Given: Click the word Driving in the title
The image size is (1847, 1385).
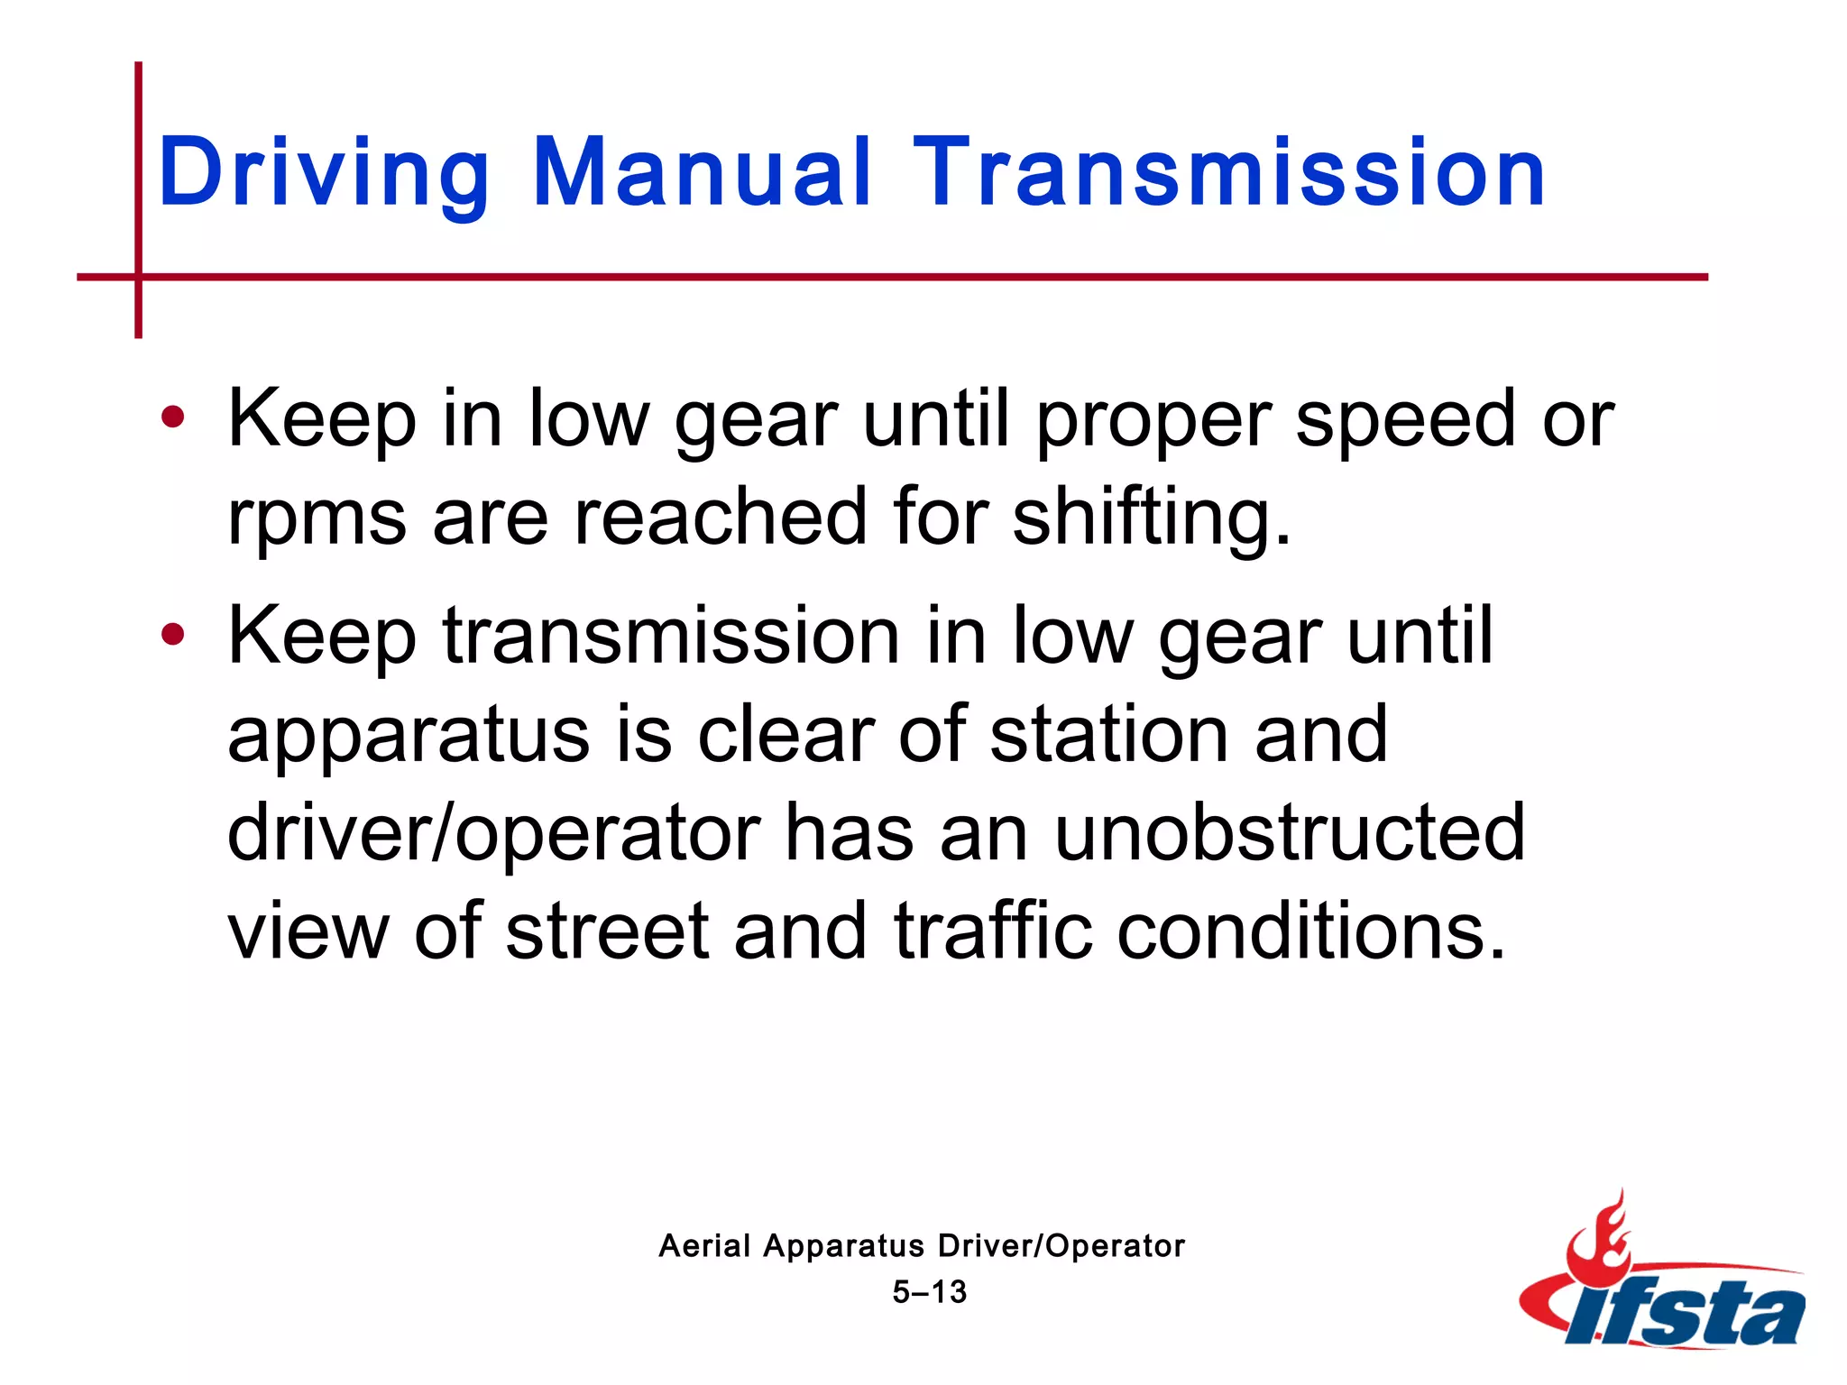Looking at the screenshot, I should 324,173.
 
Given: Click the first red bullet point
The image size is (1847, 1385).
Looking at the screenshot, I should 172,417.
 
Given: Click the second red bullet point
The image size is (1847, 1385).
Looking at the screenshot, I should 172,635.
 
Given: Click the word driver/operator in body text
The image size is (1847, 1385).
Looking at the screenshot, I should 494,834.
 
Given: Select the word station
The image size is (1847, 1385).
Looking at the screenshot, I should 1109,735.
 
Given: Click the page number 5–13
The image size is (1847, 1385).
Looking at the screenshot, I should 930,1292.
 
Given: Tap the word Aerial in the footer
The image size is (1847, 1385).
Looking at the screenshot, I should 704,1246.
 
